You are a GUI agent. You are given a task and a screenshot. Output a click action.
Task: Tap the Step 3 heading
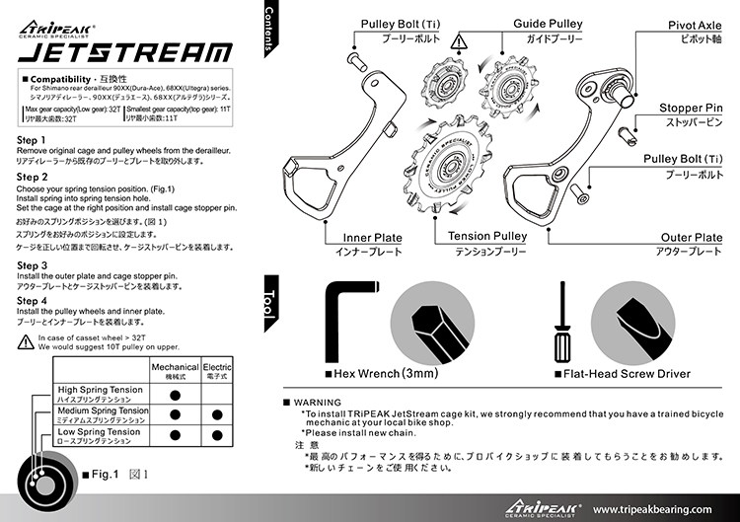[x=33, y=265]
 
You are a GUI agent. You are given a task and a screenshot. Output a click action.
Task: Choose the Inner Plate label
[x=372, y=238]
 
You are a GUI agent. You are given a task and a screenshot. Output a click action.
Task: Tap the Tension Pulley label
[x=486, y=237]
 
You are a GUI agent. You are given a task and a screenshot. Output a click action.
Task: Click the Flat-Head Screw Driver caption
[x=627, y=374]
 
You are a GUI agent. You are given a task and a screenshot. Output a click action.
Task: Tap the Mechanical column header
[x=174, y=367]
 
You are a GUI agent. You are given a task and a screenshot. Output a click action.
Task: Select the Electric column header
[x=216, y=367]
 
